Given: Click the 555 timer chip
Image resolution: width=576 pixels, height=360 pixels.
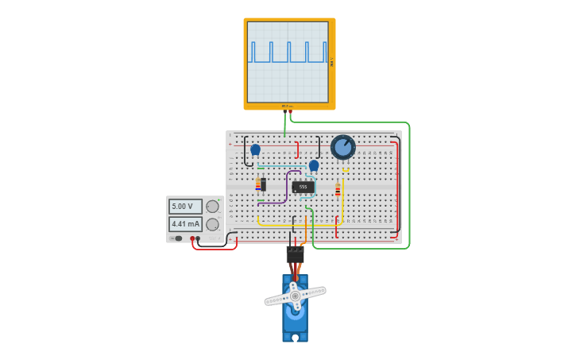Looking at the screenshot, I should point(303,187).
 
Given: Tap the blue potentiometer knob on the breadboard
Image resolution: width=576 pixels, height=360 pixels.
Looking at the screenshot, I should point(342,147).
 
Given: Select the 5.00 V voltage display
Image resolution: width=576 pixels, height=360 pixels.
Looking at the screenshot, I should point(185,207).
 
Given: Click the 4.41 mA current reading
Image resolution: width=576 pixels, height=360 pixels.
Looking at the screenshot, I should point(185,224).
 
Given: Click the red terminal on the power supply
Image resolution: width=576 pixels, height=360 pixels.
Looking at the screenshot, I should point(191,238).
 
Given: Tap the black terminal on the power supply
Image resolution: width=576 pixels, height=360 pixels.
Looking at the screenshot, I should point(198,238).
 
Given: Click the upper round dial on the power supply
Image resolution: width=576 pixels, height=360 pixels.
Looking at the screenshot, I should point(212,207).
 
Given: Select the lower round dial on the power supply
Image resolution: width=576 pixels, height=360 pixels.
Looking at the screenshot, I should point(212,224).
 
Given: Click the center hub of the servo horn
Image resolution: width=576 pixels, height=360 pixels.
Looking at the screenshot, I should point(295,296).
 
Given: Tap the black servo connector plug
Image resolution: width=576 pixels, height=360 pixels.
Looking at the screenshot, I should point(295,254).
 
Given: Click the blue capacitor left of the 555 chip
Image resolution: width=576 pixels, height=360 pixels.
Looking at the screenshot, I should point(255,149).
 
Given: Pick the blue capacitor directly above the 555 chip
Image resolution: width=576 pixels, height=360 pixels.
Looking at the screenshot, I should point(314,165).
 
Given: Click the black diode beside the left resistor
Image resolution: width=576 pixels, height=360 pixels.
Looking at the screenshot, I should point(263,184).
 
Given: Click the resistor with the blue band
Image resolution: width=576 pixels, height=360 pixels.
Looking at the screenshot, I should point(257,184).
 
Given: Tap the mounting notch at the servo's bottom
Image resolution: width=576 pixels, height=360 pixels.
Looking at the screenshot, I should point(295,338).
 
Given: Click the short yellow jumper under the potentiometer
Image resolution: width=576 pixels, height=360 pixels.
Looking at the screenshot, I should point(346,169).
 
